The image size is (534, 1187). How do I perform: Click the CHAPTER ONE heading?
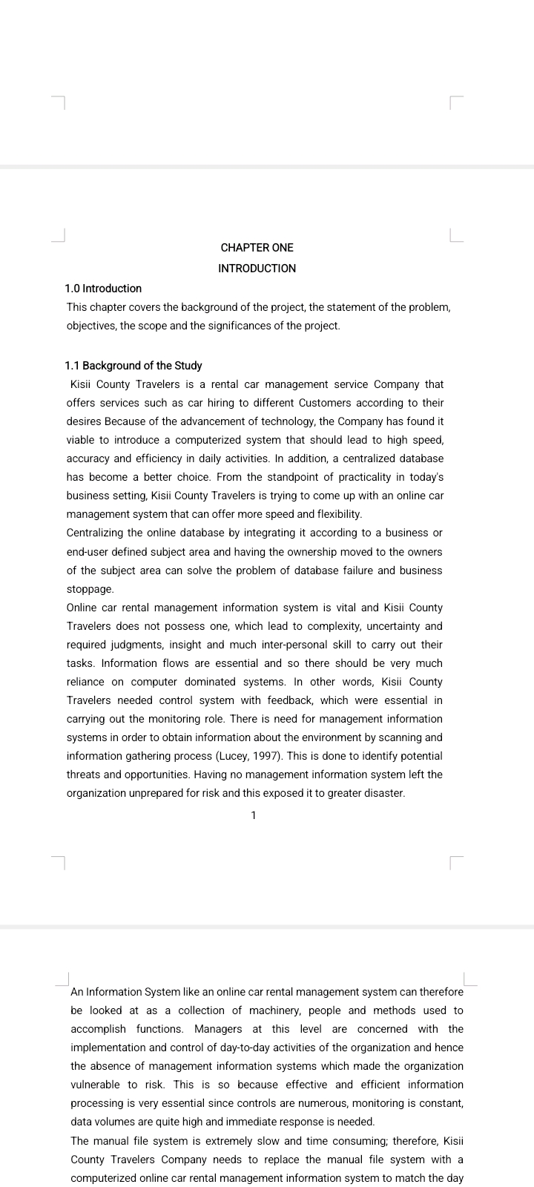[x=257, y=248]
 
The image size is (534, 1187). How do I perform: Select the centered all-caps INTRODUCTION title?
[x=257, y=269]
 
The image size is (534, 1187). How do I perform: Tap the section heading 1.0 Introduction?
[x=103, y=289]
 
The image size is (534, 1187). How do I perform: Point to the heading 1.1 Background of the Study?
[x=133, y=366]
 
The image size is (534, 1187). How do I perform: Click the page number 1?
[x=254, y=815]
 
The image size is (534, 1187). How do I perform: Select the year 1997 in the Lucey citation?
[x=268, y=756]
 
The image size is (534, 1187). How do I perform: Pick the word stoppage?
[x=90, y=589]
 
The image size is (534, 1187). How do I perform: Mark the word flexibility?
[x=338, y=514]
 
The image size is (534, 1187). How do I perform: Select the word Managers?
[x=218, y=1029]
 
